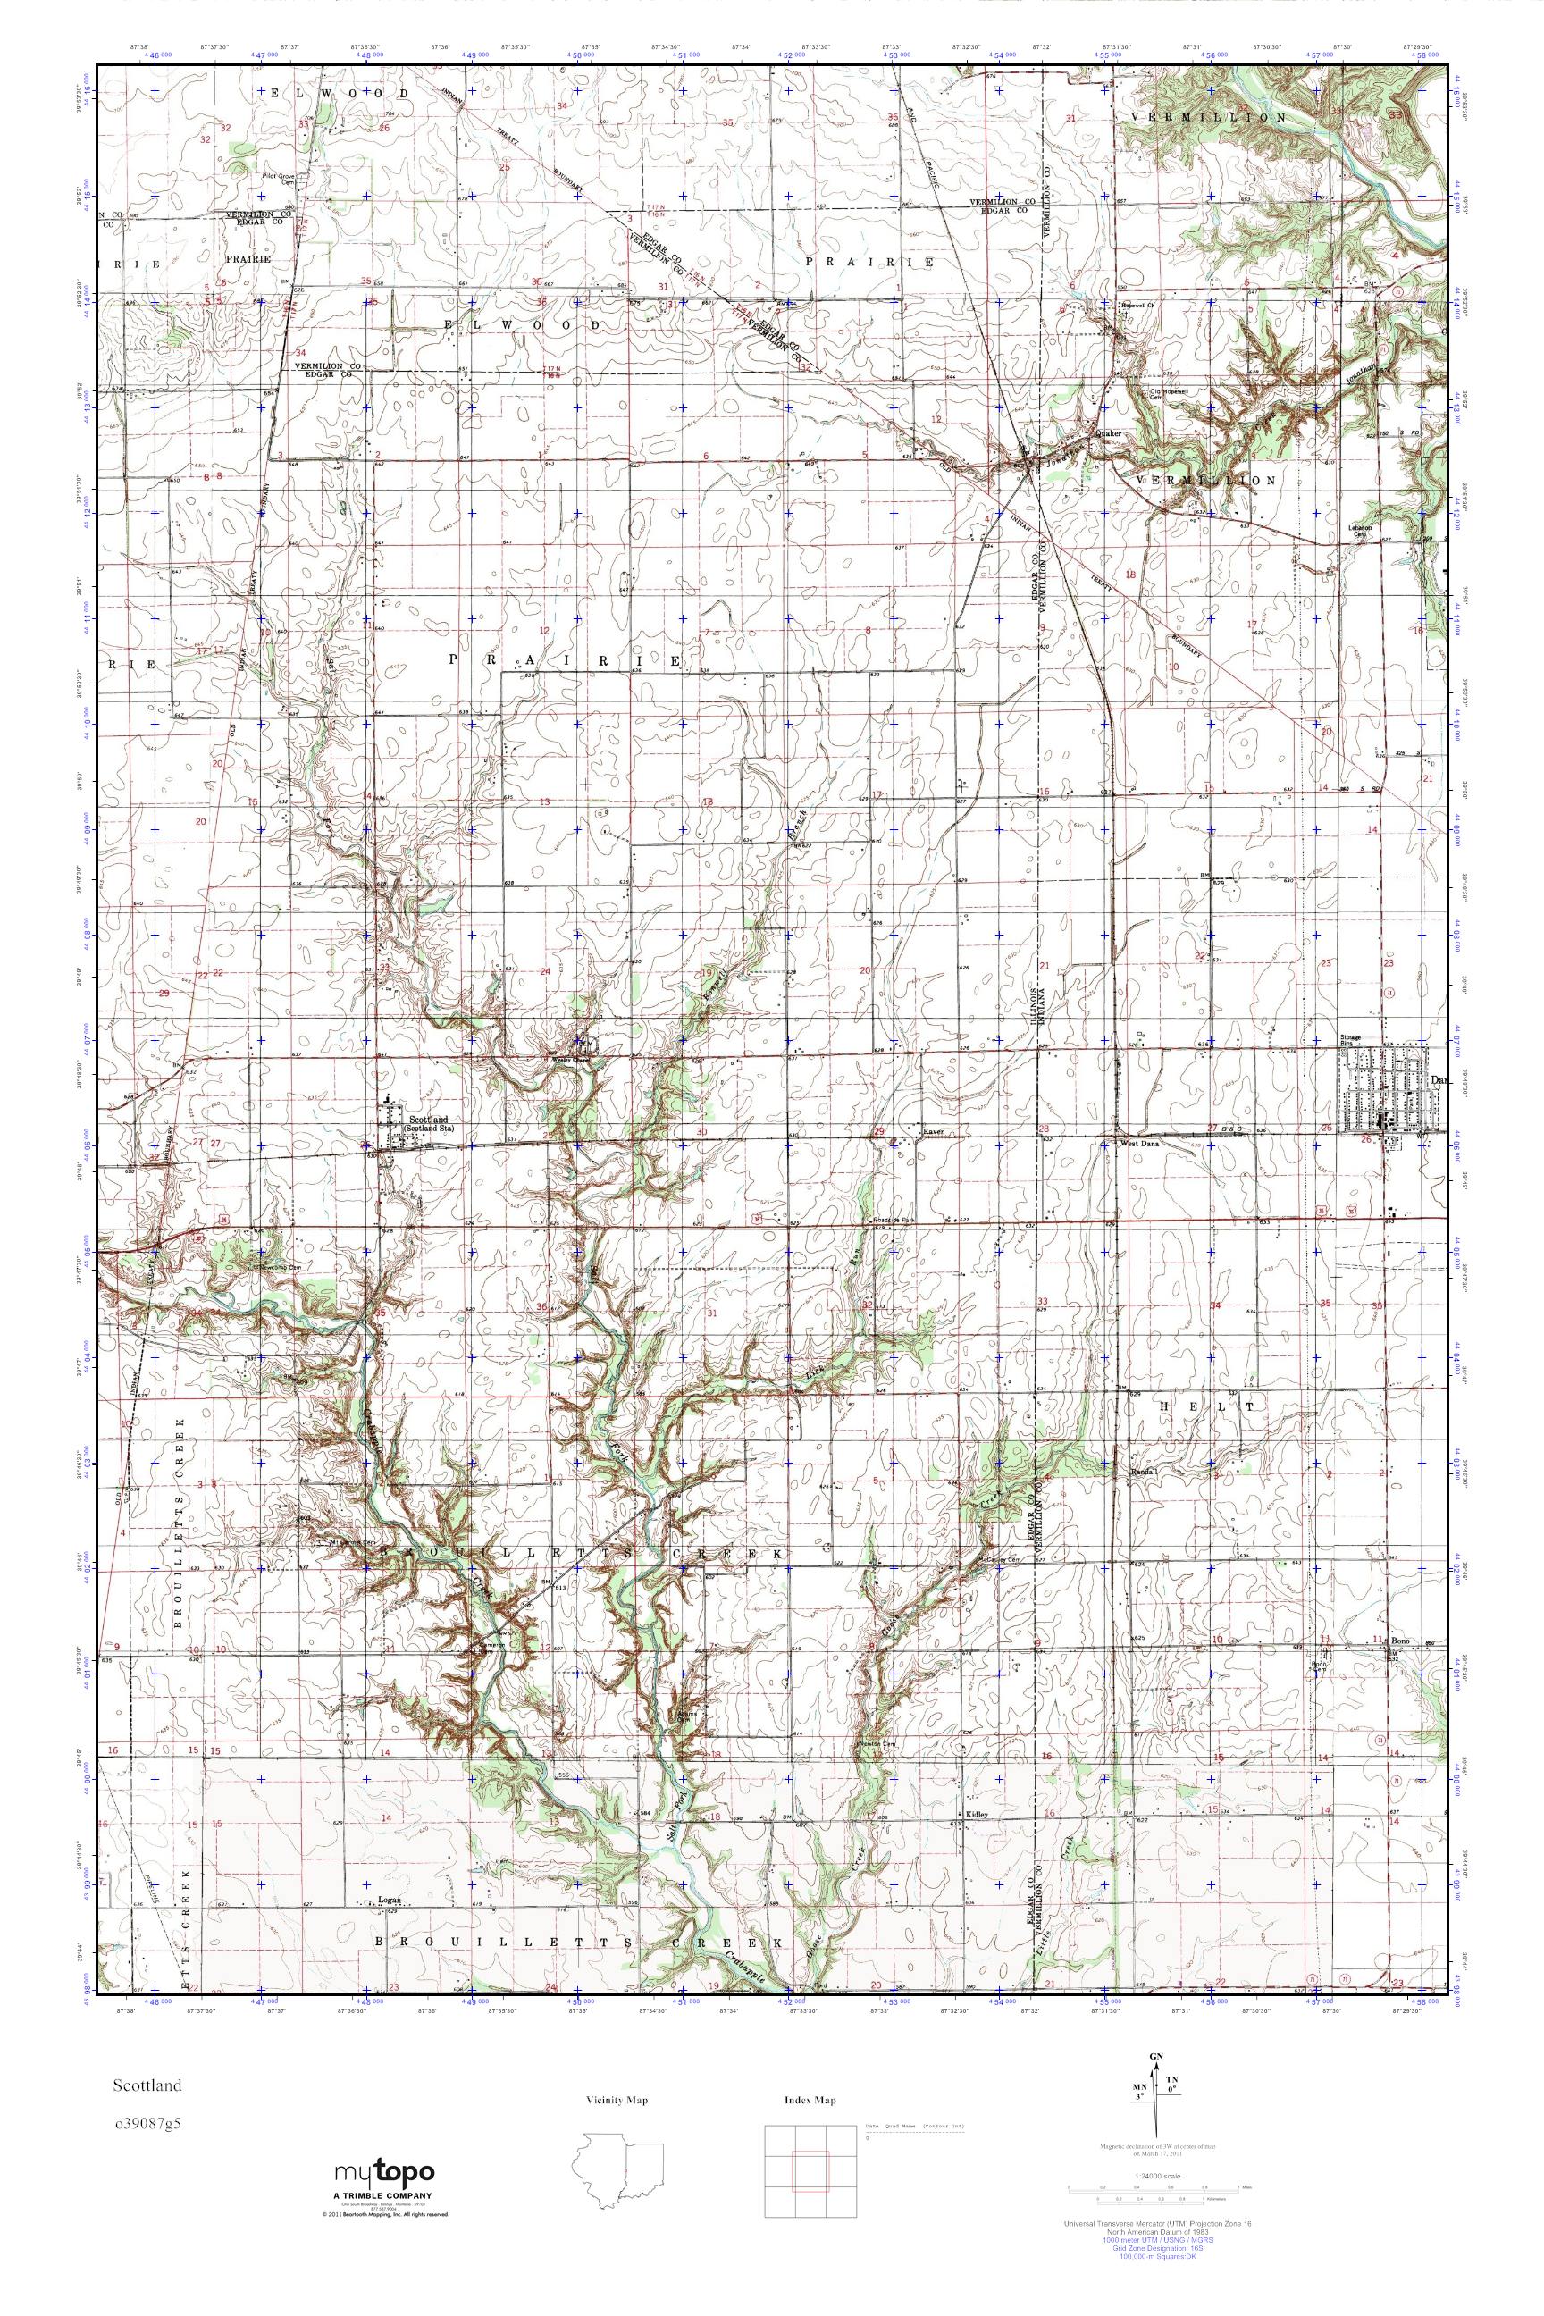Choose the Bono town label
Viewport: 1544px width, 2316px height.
pos(1403,1641)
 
